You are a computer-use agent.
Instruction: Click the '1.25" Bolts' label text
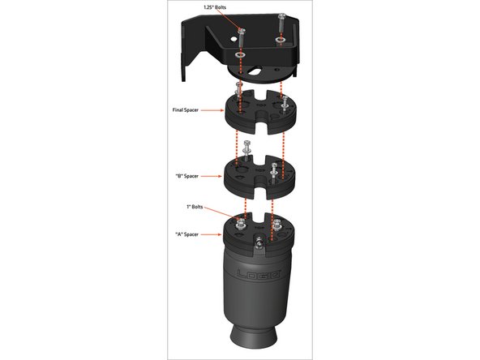tap(215, 7)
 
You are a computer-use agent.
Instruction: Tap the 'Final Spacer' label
tap(186, 110)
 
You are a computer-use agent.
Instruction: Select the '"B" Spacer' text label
tap(186, 176)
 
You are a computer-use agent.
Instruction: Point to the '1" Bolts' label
tap(195, 207)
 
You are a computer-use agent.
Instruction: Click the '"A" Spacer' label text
tap(186, 234)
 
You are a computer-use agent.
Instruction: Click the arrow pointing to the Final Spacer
tap(212, 110)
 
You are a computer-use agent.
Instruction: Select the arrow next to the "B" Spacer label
tap(212, 176)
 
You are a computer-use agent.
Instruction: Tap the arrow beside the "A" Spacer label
tap(212, 234)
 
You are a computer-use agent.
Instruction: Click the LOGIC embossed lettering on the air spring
tap(259, 273)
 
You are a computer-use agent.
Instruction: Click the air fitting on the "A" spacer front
tap(259, 242)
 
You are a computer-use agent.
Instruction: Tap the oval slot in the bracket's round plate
tap(254, 71)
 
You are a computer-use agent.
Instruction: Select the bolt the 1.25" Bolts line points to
tap(242, 37)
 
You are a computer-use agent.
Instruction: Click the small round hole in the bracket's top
tap(234, 39)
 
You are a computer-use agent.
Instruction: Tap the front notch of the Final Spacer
tap(260, 122)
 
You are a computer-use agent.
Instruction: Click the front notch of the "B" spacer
tap(259, 187)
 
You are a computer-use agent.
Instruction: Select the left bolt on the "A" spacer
tap(241, 224)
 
